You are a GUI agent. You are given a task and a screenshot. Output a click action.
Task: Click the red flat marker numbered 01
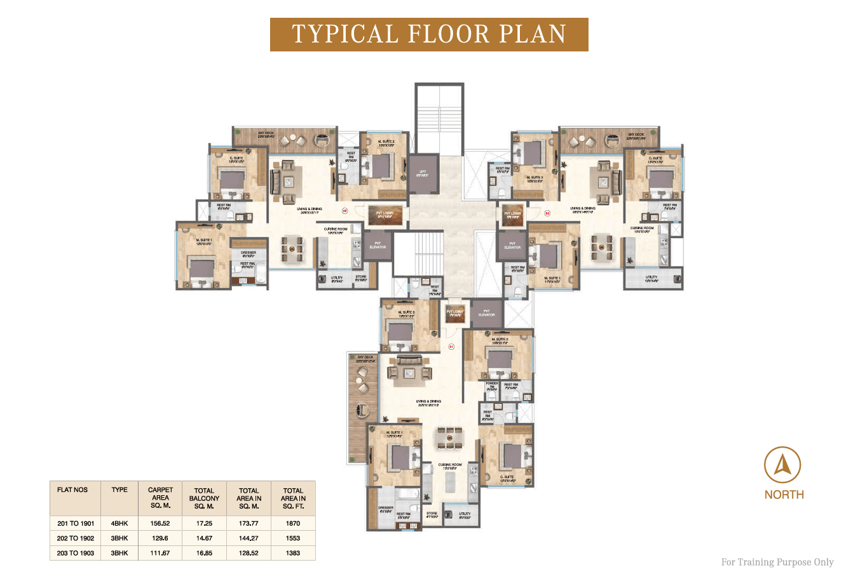point(451,347)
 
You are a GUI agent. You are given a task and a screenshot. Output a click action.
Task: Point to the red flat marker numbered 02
point(547,213)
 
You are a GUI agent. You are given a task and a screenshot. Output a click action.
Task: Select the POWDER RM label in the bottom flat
point(492,385)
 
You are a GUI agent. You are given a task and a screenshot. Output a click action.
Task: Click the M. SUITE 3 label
point(406,313)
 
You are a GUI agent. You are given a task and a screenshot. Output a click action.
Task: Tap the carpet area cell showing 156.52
point(160,523)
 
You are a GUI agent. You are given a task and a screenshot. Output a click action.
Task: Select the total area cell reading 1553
point(293,538)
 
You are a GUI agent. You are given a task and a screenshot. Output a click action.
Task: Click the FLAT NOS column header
point(72,490)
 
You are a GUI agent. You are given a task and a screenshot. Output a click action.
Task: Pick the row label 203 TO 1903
point(76,553)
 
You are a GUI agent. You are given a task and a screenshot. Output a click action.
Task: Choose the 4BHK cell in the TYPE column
point(119,523)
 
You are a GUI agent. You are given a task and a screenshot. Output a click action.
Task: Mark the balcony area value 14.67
point(204,538)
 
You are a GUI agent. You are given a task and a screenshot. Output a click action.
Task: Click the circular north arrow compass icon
point(782,465)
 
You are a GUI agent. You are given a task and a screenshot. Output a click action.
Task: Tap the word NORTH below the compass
point(784,495)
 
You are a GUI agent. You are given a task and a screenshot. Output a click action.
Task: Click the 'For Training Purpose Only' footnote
point(777,562)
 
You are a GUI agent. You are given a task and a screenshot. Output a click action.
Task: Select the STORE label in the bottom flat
point(432,514)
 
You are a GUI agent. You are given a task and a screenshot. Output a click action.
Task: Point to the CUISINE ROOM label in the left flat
point(336,230)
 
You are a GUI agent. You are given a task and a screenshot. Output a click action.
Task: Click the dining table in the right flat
point(602,247)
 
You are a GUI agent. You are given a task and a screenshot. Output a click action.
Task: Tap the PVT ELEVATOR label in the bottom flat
point(486,313)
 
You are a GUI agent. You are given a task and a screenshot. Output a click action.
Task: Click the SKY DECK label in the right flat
point(636,135)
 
